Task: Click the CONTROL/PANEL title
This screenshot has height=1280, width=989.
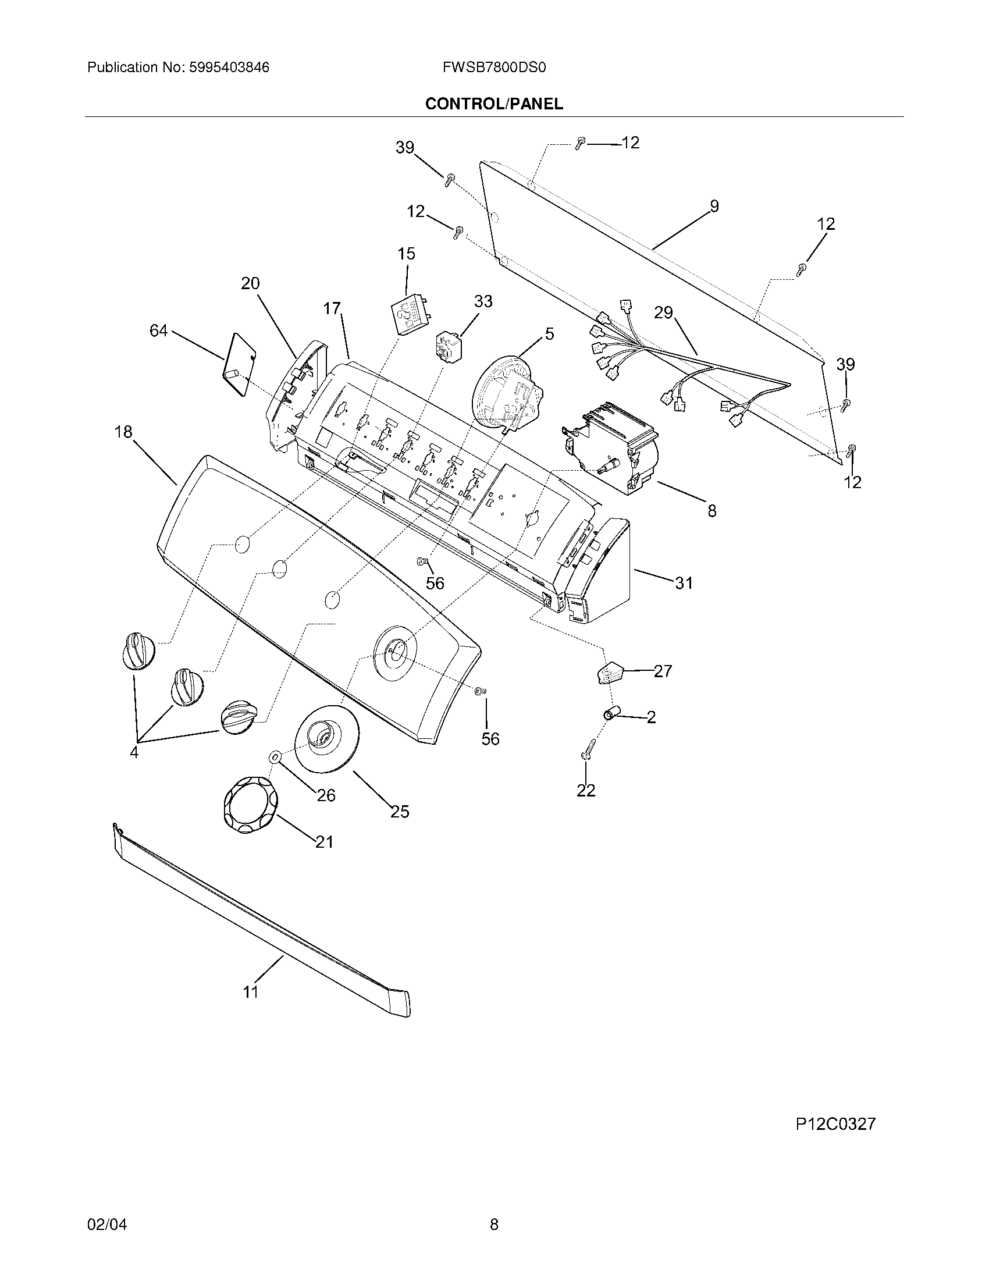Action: [x=494, y=104]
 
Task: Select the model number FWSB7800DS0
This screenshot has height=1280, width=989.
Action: [x=494, y=67]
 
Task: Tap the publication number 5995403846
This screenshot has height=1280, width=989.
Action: [x=229, y=67]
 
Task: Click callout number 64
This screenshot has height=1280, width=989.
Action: [x=158, y=331]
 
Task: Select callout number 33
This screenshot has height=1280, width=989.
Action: [x=483, y=301]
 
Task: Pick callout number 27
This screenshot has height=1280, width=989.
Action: [x=663, y=671]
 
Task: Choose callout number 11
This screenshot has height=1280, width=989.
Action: [x=251, y=991]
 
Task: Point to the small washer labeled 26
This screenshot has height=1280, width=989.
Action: [x=274, y=757]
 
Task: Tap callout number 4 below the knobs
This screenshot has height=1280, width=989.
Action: [x=134, y=752]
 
